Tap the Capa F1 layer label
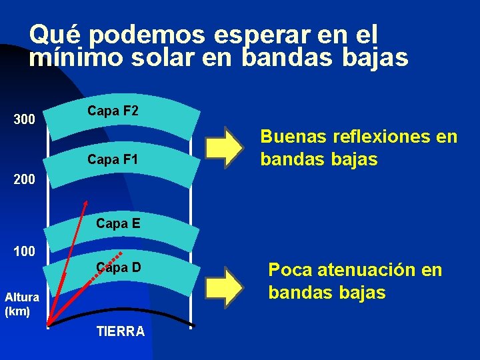[113, 160]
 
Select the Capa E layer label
[118, 224]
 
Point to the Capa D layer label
[118, 268]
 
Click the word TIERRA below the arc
[121, 331]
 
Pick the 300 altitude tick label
[25, 121]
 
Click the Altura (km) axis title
[17, 305]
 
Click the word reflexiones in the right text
[381, 137]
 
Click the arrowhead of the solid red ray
[87, 202]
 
